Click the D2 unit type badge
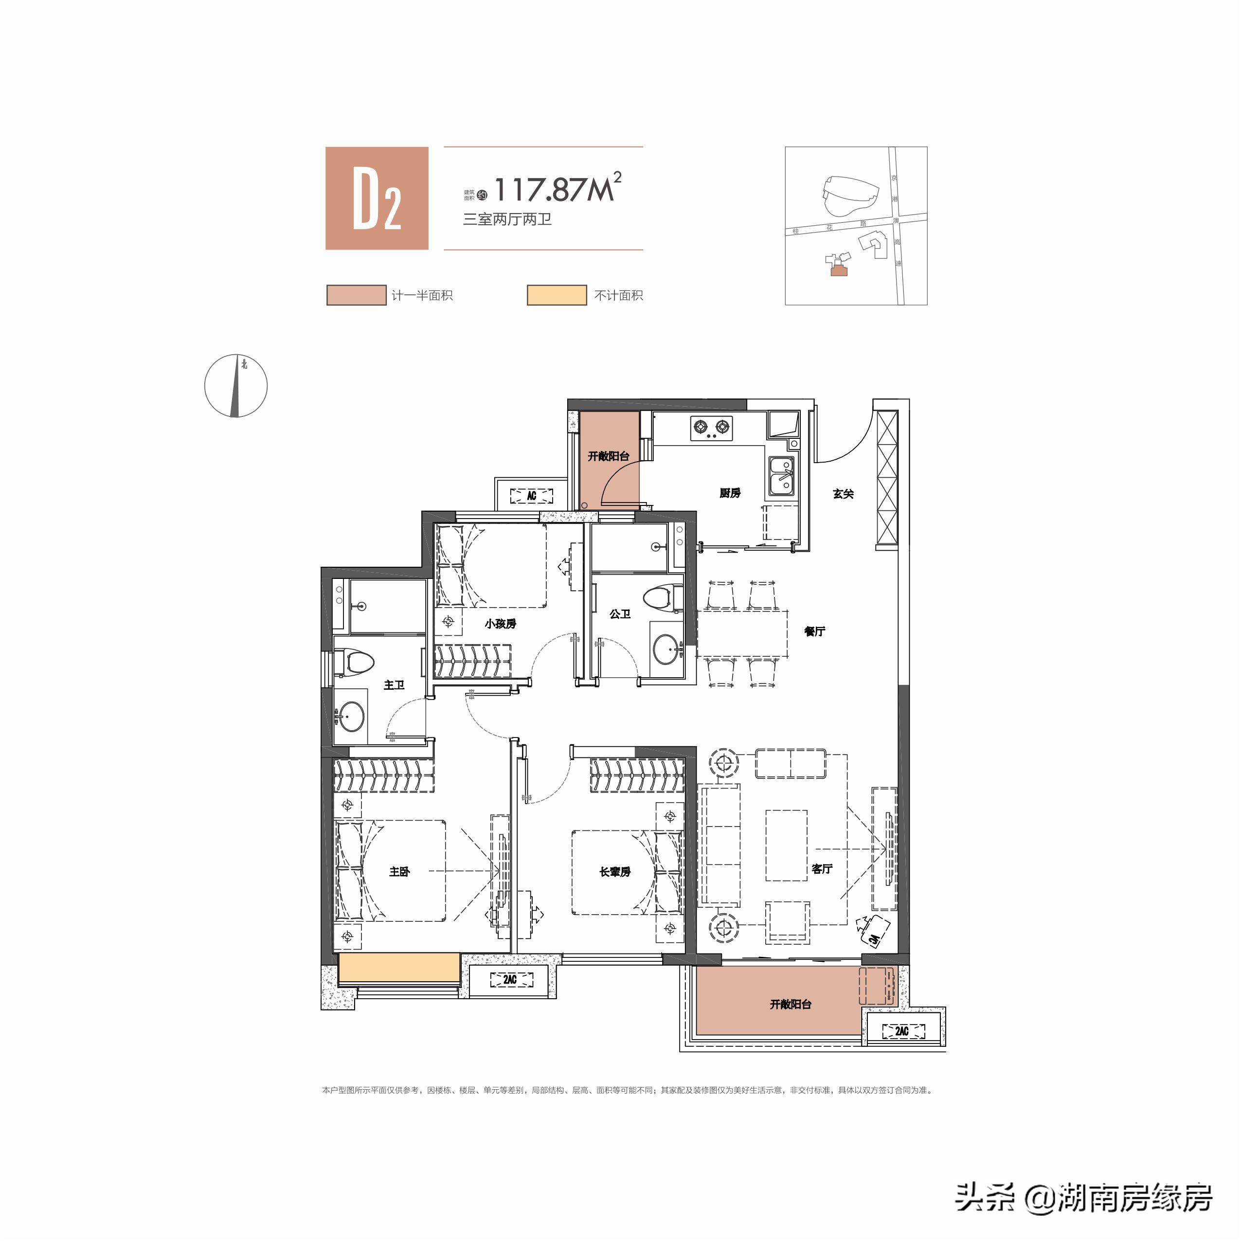[377, 198]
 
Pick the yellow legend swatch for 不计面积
[556, 295]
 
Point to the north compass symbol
[236, 385]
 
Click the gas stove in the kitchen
[711, 428]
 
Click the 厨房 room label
[730, 493]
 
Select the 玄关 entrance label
[843, 493]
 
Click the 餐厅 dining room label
[814, 631]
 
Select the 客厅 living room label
[822, 868]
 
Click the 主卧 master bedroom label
[399, 872]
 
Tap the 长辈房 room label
[615, 872]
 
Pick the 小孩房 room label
[501, 623]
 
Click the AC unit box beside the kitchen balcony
[531, 495]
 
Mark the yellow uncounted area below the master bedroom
[398, 968]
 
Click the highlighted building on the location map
[838, 271]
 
